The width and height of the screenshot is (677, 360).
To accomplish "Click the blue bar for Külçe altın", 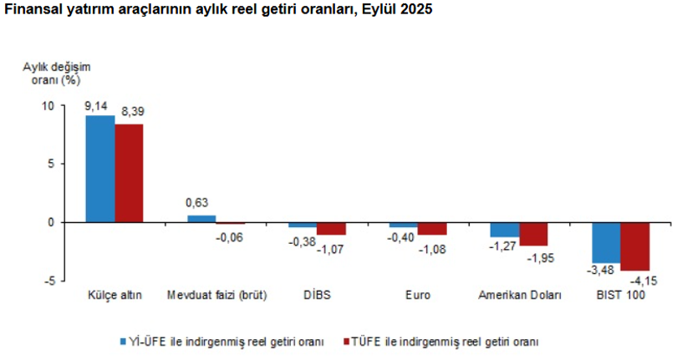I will [x=100, y=169].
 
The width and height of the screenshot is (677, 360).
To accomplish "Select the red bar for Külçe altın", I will [x=129, y=173].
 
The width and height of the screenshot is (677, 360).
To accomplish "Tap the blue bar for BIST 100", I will [x=606, y=242].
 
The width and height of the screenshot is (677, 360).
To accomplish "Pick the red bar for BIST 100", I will [x=634, y=246].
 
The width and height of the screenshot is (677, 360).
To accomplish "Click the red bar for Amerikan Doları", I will [x=533, y=234].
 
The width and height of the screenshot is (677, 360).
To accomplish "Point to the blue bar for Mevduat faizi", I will [x=201, y=219].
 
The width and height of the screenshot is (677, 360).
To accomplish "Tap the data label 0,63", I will [x=196, y=203].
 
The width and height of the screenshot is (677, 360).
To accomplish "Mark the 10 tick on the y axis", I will [x=47, y=106].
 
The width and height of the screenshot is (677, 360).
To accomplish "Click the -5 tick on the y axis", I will [x=48, y=281].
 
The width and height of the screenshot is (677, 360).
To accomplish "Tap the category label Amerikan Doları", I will [x=519, y=296].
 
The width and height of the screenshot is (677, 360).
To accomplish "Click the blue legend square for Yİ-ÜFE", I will [x=120, y=341].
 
